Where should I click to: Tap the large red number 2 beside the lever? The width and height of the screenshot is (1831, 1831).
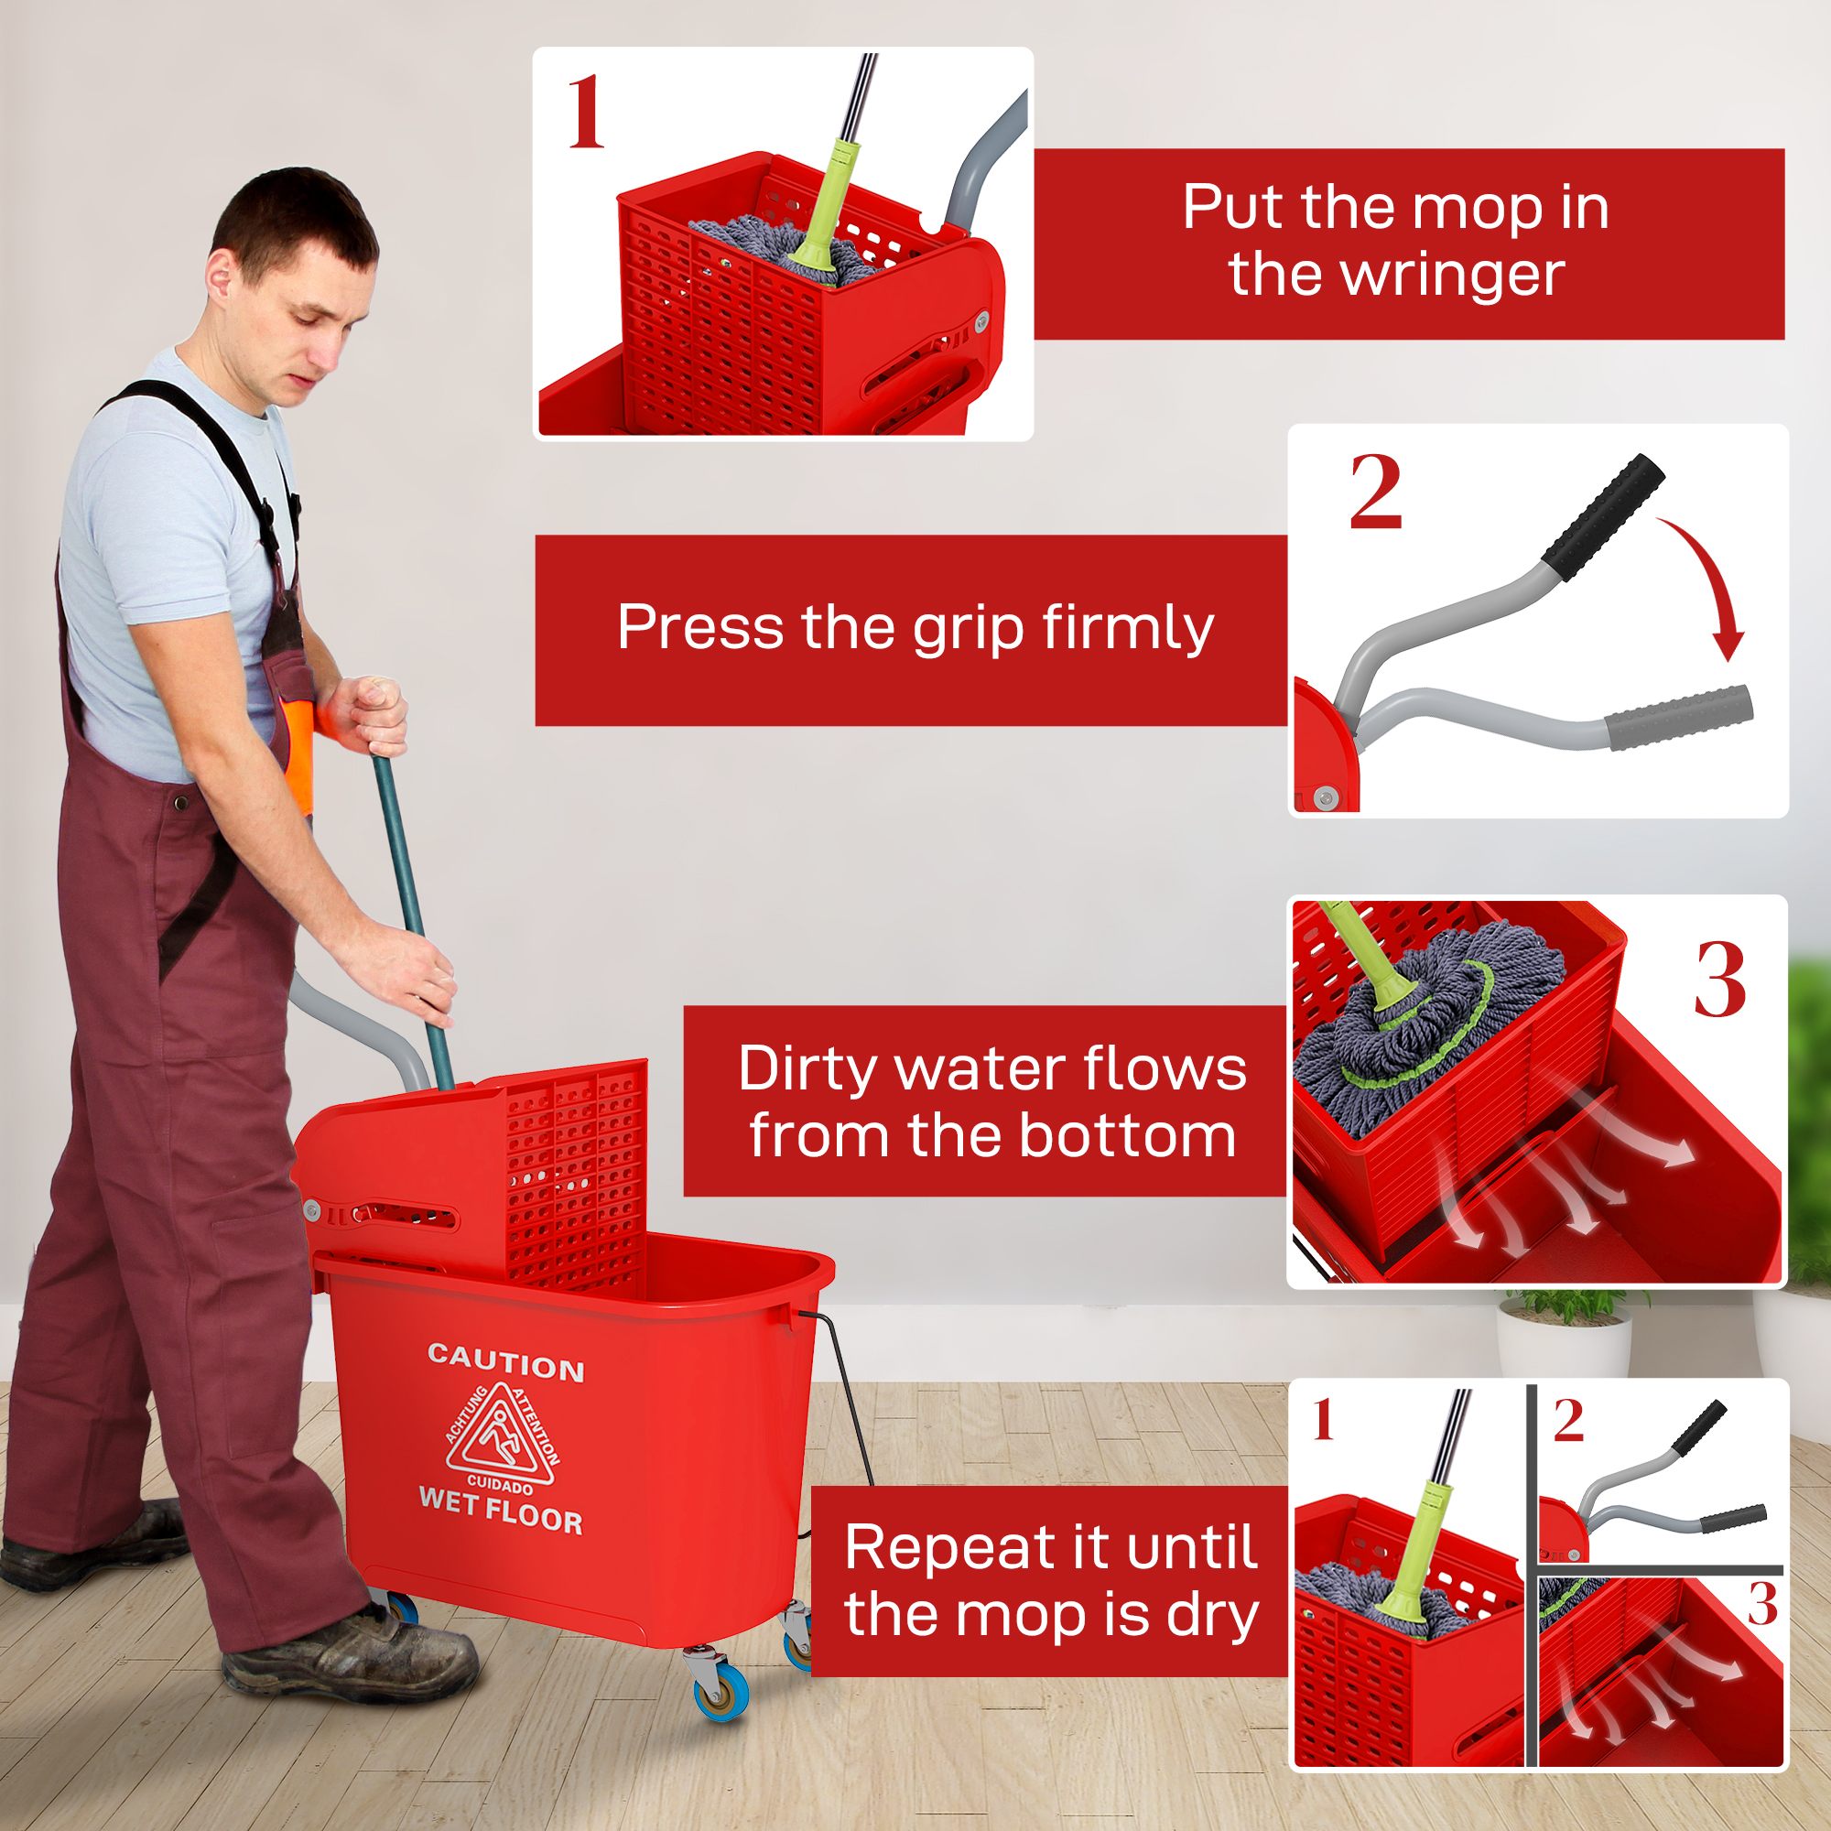1375,492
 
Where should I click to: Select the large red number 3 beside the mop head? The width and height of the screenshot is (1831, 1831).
1720,981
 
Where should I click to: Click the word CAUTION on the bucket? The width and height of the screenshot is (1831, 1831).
505,1362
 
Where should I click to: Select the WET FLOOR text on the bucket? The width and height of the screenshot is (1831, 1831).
501,1511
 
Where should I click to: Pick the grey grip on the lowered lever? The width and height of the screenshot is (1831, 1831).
1677,717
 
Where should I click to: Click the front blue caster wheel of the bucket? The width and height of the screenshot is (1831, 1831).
722,1692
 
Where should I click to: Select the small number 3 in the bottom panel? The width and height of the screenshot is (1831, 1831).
1761,1605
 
